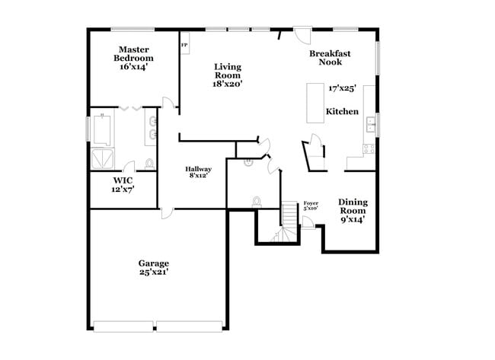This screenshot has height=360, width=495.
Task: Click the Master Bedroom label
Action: point(133,54)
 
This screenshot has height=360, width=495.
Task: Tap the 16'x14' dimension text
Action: point(133,67)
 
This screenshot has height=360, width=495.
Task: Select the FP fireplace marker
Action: point(184,45)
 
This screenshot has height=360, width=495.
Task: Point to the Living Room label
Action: point(227,71)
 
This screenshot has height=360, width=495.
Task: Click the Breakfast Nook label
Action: point(329,58)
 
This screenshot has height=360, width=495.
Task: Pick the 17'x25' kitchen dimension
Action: point(343,88)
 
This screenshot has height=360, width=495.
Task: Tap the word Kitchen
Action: point(342,112)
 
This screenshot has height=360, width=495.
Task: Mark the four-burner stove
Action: point(371,148)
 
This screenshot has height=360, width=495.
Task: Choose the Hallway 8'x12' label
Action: point(198,172)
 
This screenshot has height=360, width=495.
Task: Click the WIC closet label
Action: point(122,185)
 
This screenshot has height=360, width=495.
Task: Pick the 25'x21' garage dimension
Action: point(153,271)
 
